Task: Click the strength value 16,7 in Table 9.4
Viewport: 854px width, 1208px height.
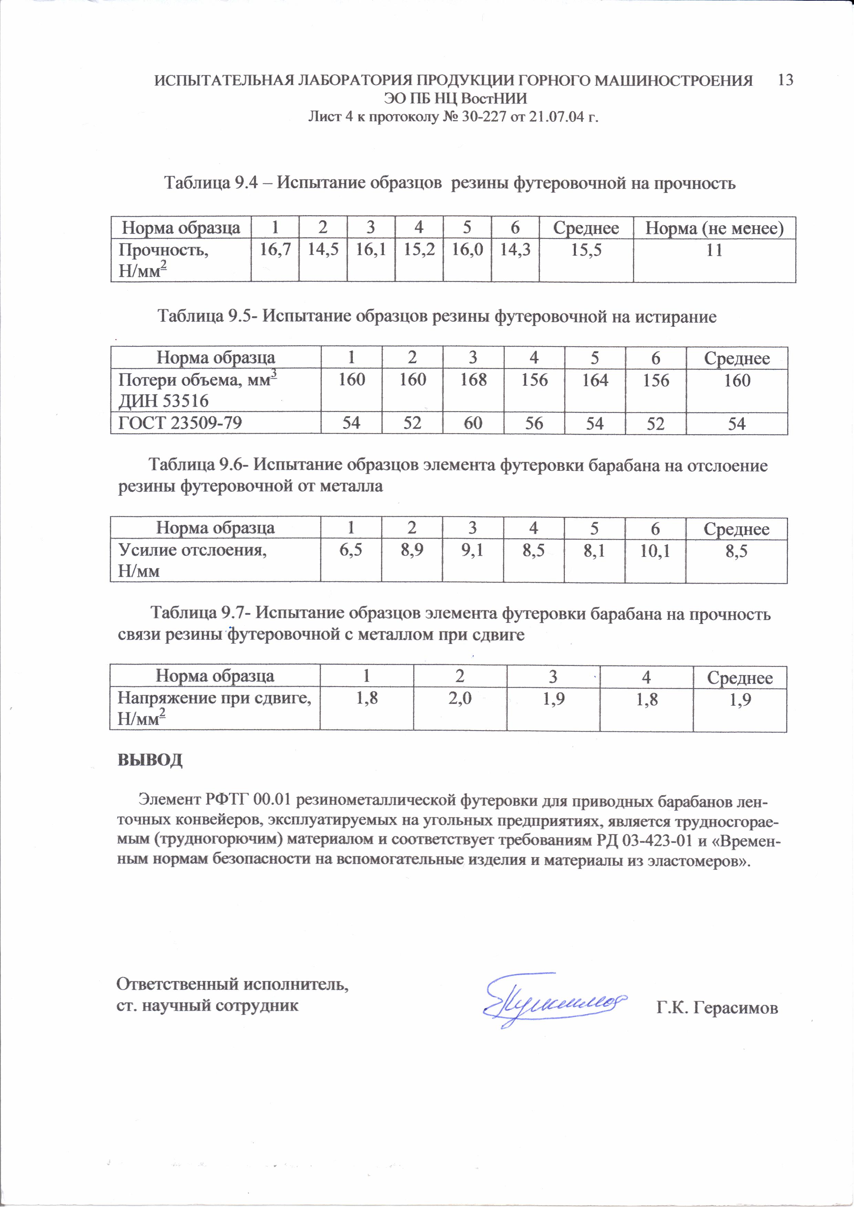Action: [x=275, y=250]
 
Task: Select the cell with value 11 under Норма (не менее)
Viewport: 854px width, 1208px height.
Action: [x=714, y=250]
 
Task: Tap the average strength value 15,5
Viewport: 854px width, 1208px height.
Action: [x=586, y=250]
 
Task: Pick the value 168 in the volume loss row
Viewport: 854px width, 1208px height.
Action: [x=473, y=379]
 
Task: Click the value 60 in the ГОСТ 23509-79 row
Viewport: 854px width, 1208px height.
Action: [x=473, y=423]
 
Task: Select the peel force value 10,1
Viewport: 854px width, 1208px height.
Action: [x=655, y=551]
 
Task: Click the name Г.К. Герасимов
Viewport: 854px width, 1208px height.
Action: [x=717, y=1008]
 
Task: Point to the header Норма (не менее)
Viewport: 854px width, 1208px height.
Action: [x=714, y=228]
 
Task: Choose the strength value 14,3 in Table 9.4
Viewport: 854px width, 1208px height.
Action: [x=514, y=250]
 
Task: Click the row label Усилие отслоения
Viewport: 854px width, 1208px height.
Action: [x=192, y=550]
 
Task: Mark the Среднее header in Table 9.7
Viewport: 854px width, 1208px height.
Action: [x=739, y=678]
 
